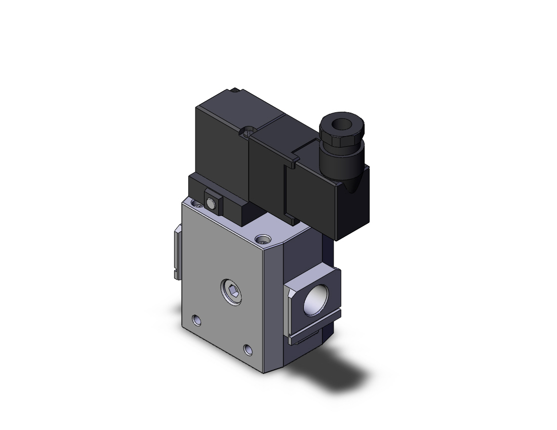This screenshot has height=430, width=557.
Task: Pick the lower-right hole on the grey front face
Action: (x=248, y=350)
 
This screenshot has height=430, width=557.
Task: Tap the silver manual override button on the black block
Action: (x=211, y=204)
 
